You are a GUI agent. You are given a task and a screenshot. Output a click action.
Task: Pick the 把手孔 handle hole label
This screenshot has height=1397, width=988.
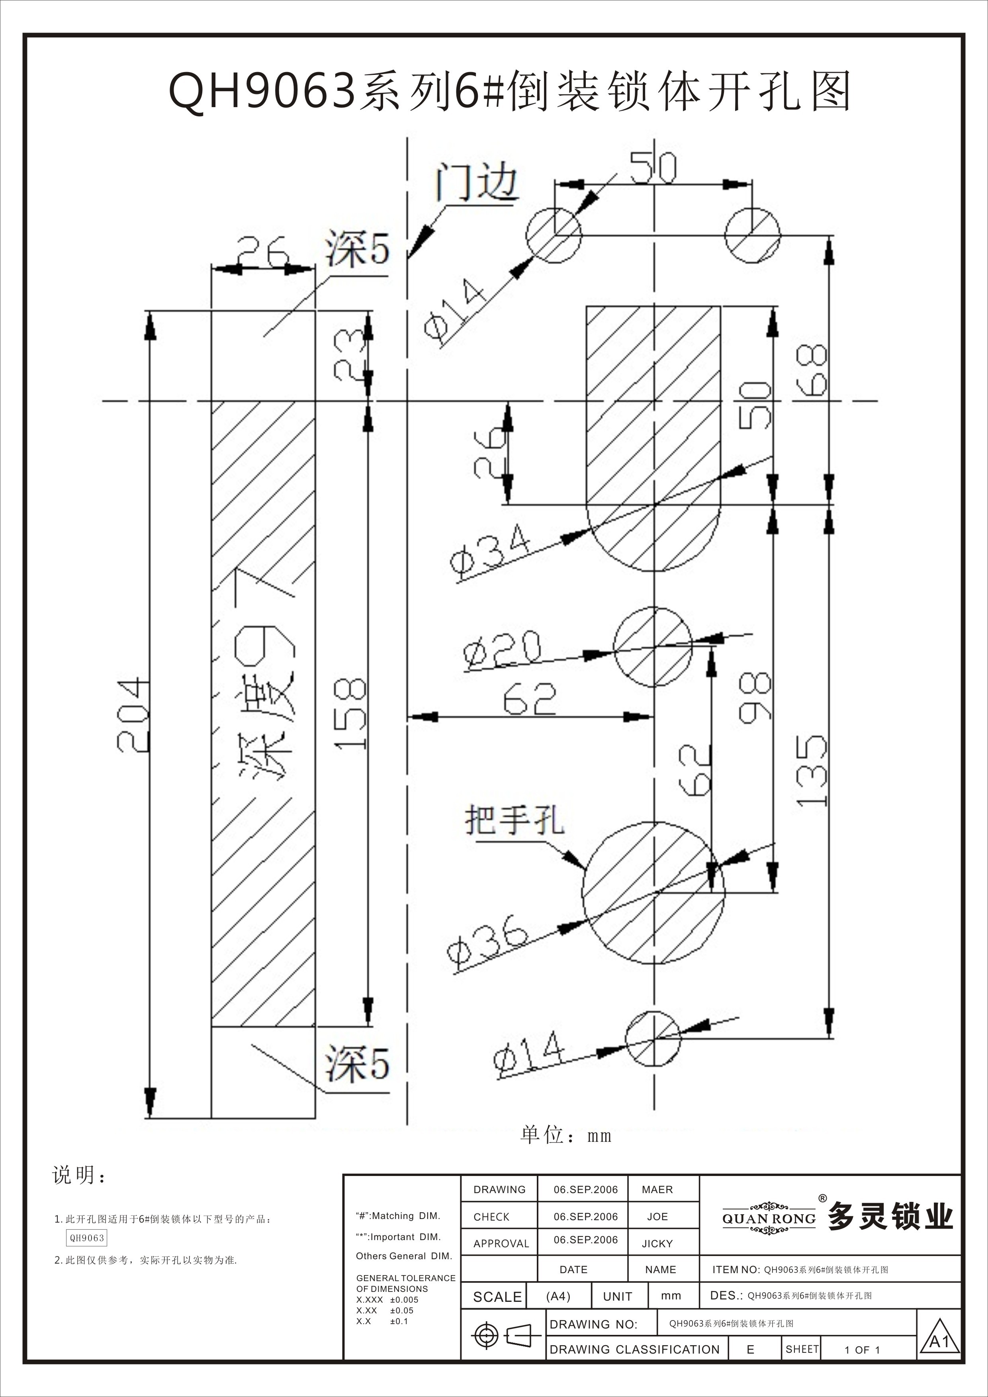(515, 820)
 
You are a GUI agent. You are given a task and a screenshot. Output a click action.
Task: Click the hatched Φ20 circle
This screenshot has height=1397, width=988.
(653, 646)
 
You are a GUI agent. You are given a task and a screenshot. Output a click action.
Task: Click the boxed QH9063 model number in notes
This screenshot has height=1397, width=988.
(86, 1238)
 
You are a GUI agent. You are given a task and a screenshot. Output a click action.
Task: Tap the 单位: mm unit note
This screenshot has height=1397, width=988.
(566, 1135)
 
